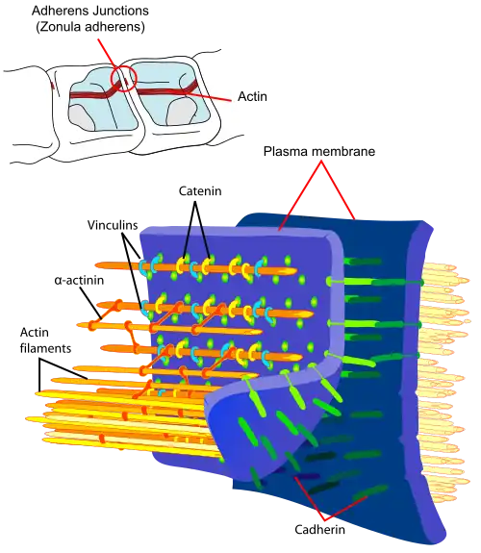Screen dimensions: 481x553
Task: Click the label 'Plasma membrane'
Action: tap(319, 151)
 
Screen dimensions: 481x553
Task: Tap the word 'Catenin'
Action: tap(200, 191)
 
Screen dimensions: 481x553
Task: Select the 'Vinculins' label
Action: tap(113, 225)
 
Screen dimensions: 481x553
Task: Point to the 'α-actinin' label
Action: tap(79, 281)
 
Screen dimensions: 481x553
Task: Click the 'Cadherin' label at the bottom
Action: tap(319, 529)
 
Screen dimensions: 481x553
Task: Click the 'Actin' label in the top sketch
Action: tap(252, 96)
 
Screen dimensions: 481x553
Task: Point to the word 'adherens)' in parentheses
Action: tap(113, 27)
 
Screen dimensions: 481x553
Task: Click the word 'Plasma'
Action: tap(285, 151)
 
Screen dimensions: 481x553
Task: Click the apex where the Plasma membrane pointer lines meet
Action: tap(320, 162)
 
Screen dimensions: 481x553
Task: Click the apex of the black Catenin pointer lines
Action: tap(194, 202)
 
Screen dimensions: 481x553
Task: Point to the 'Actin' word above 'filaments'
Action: tap(35, 333)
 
